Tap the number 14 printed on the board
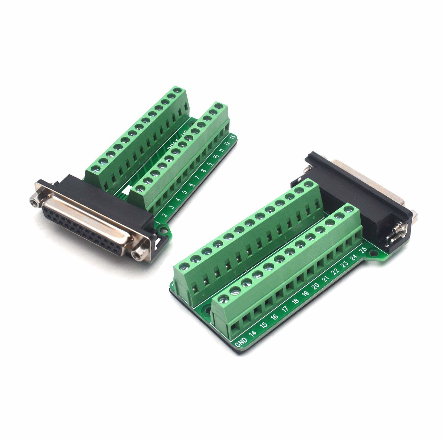253,334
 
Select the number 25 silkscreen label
364,250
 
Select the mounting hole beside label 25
373,253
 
